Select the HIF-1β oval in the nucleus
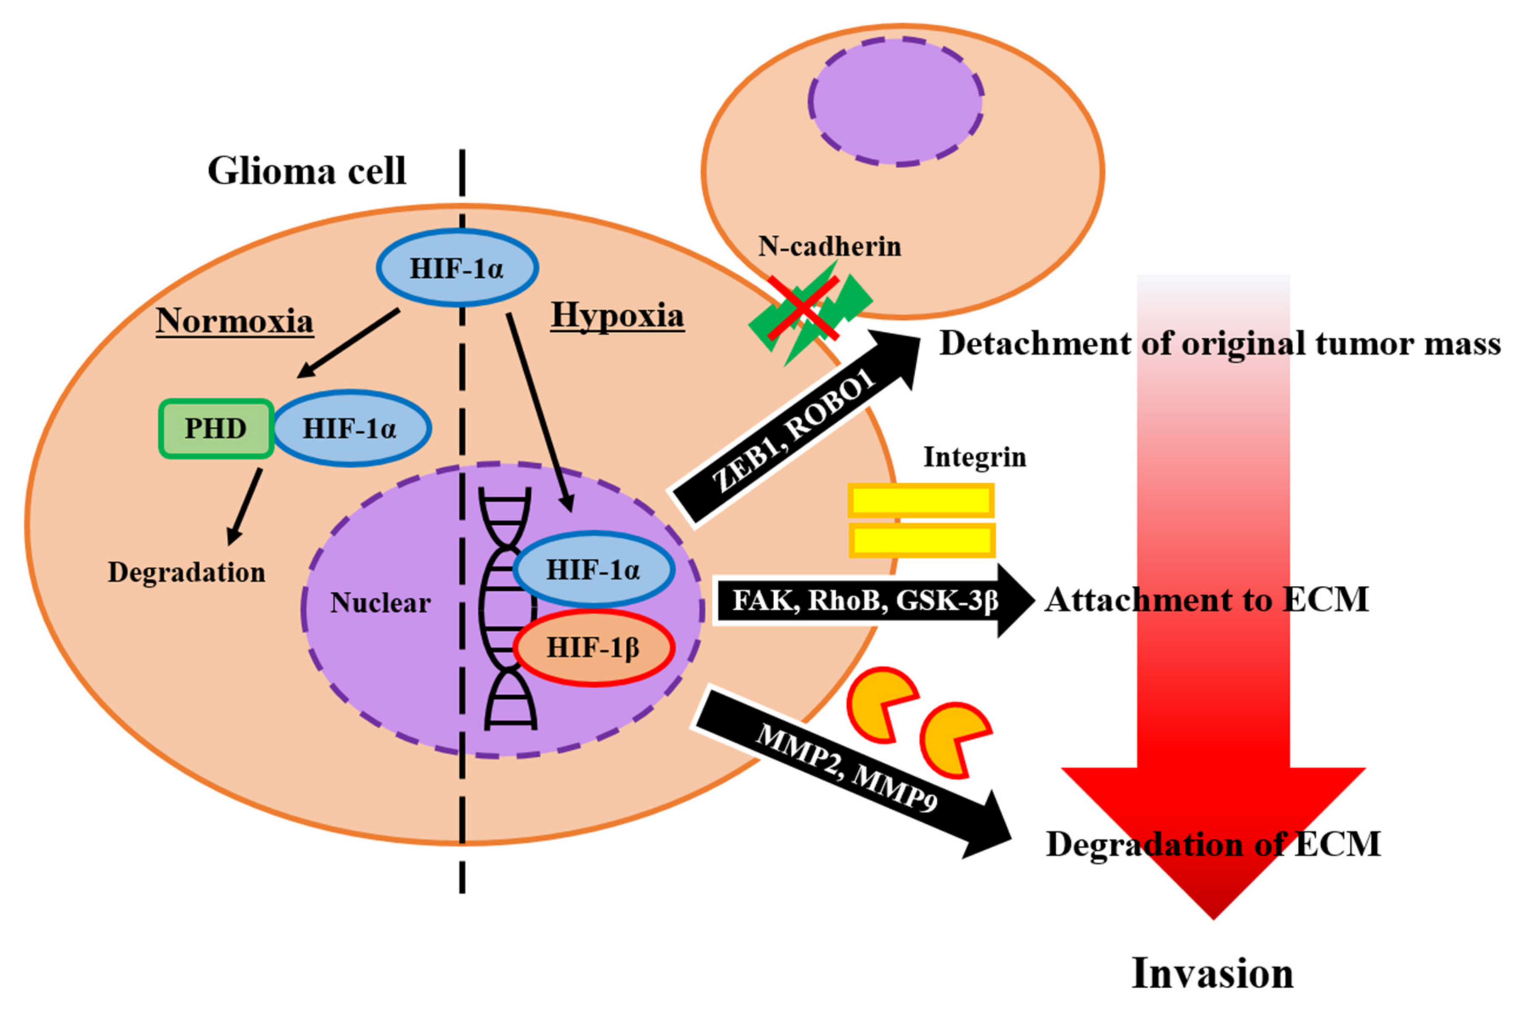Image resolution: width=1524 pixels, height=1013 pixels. [594, 647]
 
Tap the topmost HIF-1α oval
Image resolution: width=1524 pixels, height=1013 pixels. [457, 268]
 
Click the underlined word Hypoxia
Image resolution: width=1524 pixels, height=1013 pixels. [617, 316]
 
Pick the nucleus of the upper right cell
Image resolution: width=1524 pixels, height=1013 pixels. [895, 102]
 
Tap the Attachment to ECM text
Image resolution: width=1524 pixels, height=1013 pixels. [1207, 600]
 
